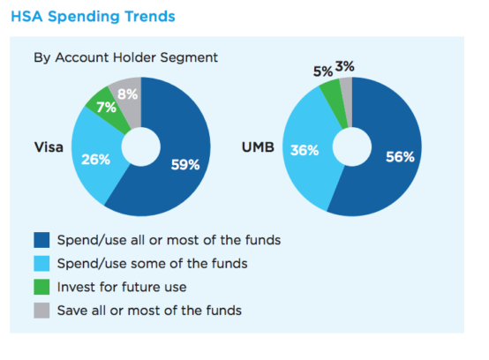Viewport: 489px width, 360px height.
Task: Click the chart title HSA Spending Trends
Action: pyautogui.click(x=93, y=17)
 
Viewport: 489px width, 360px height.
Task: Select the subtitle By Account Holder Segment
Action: pyautogui.click(x=125, y=57)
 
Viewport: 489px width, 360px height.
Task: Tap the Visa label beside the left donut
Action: pyautogui.click(x=49, y=147)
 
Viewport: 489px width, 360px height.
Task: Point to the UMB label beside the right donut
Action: pyautogui.click(x=258, y=147)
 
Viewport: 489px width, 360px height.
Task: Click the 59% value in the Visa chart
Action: pyautogui.click(x=185, y=165)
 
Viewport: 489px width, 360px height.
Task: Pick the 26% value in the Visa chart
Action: pyautogui.click(x=95, y=160)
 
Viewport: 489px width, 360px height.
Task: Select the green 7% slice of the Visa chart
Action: pyautogui.click(x=108, y=109)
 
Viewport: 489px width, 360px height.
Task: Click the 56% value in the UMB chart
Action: pyautogui.click(x=400, y=157)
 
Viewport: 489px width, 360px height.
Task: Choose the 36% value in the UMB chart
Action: pyautogui.click(x=305, y=150)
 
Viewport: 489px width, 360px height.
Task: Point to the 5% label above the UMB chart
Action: pyautogui.click(x=323, y=71)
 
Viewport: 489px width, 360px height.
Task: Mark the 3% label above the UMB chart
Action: pyautogui.click(x=344, y=66)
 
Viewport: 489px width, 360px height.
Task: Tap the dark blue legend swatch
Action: pyautogui.click(x=41, y=240)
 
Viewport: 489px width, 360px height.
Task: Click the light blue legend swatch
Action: pyautogui.click(x=41, y=263)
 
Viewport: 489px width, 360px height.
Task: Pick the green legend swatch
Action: pyautogui.click(x=41, y=287)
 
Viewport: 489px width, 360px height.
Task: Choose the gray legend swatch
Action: pyautogui.click(x=41, y=311)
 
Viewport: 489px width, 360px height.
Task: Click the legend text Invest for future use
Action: pyautogui.click(x=122, y=287)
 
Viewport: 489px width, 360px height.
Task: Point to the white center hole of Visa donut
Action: pyautogui.click(x=141, y=146)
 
